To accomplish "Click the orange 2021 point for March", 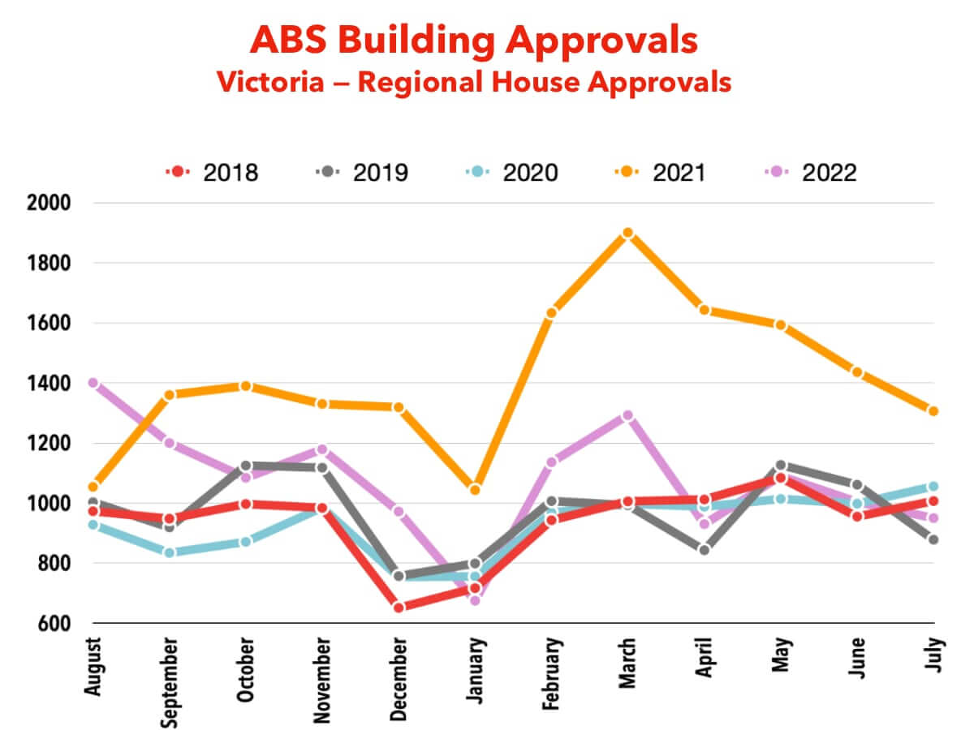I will click(x=627, y=233).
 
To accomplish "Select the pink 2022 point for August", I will click(x=93, y=383).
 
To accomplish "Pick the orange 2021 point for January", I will click(x=475, y=489).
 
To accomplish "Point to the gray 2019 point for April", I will click(x=704, y=549).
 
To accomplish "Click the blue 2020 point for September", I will click(x=170, y=552).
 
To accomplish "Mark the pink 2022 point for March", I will click(x=627, y=416).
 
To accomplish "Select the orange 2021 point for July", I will click(x=933, y=411).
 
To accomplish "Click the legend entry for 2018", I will click(x=212, y=173).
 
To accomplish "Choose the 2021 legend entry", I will click(x=660, y=173).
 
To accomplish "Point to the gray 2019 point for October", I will click(x=246, y=466).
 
